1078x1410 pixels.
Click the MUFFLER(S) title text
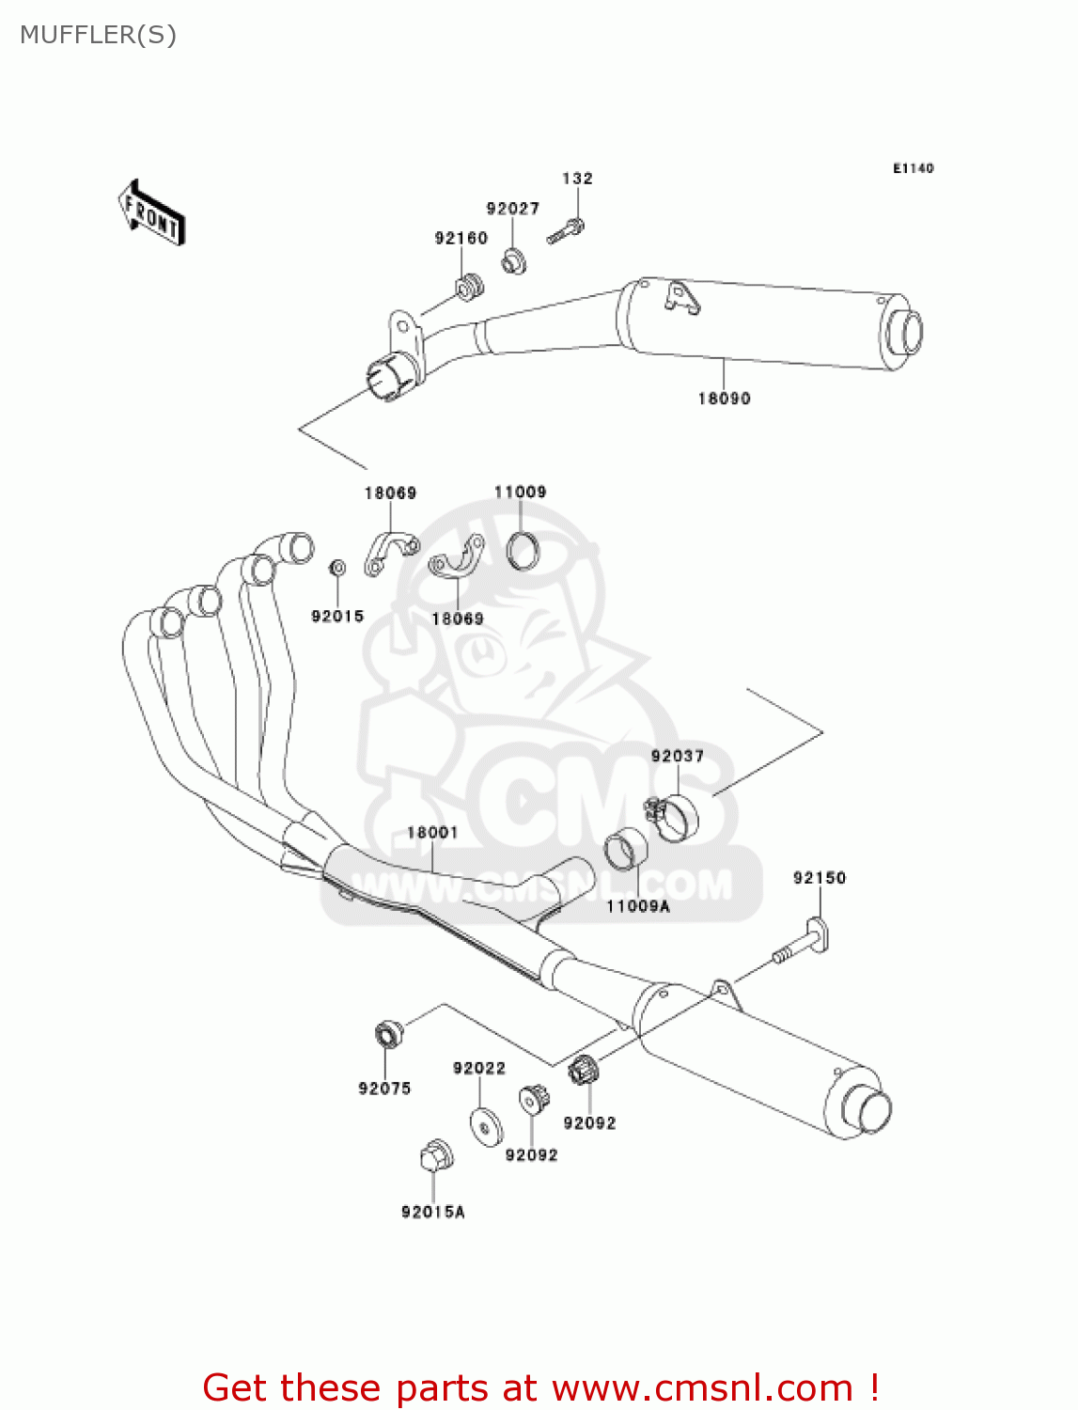coord(98,35)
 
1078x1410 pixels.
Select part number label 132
coord(577,179)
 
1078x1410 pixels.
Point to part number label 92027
coord(512,209)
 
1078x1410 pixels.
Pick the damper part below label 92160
coord(469,285)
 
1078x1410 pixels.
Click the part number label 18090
coord(724,399)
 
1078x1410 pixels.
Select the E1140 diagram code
coord(913,168)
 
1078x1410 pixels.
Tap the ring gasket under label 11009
coord(523,552)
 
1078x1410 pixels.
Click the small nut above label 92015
coord(337,568)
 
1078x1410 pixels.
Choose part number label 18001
coord(431,833)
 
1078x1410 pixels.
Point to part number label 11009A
coord(637,906)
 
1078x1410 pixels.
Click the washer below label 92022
coord(486,1127)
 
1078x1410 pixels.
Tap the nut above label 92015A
coord(436,1155)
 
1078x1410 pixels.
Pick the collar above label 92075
coord(388,1034)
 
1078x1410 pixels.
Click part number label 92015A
coord(432,1213)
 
